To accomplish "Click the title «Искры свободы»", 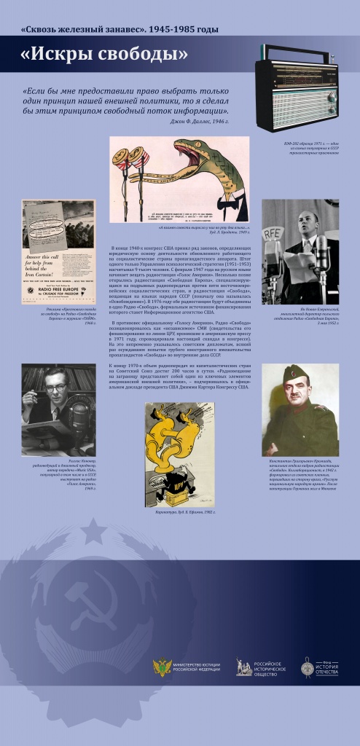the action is coord(104,54).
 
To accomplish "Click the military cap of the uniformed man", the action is coord(296,375).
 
